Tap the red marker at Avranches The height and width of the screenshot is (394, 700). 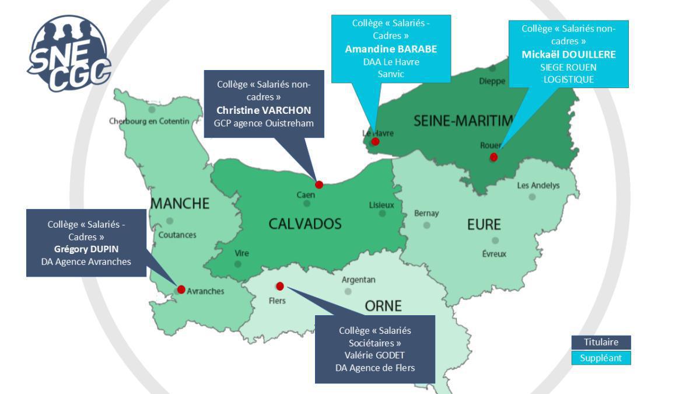[x=181, y=290]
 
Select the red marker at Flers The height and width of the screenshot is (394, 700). [x=280, y=286]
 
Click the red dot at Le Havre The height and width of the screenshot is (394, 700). [x=376, y=141]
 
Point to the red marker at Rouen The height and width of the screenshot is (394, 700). [x=494, y=156]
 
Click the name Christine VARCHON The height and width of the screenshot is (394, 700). [x=264, y=110]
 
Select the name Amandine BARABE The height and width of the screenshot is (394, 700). [x=391, y=49]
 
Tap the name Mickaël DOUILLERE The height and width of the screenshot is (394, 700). [x=569, y=54]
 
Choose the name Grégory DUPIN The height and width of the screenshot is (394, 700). [x=86, y=249]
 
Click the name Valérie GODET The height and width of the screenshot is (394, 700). [x=375, y=355]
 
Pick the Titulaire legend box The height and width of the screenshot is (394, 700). [x=601, y=343]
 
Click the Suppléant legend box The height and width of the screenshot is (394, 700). [x=601, y=358]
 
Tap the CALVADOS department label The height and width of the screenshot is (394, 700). [x=304, y=224]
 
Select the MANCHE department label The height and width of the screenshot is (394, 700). [x=180, y=203]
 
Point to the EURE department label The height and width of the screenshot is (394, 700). [x=484, y=225]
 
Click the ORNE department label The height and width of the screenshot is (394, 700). [x=383, y=306]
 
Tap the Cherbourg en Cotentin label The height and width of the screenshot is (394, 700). [x=149, y=121]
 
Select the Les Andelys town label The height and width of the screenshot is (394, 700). [x=538, y=186]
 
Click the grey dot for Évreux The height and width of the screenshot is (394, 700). [x=495, y=240]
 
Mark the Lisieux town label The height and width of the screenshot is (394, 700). [x=381, y=205]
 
